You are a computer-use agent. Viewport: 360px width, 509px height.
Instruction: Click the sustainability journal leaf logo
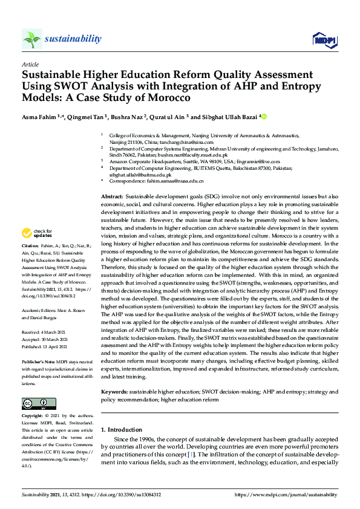pyautogui.click(x=32, y=39)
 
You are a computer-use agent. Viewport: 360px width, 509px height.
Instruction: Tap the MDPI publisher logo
pyautogui.click(x=324, y=40)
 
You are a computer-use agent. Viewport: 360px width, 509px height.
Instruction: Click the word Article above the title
pyautogui.click(x=30, y=63)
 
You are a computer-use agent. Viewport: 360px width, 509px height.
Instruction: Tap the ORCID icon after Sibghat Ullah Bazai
pyautogui.click(x=264, y=117)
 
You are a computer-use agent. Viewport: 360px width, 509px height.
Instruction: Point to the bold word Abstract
pyautogui.click(x=111, y=197)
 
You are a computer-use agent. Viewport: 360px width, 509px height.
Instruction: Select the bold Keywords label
pyautogui.click(x=114, y=392)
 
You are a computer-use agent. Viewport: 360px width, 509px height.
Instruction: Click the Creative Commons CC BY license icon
pyautogui.click(x=34, y=403)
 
